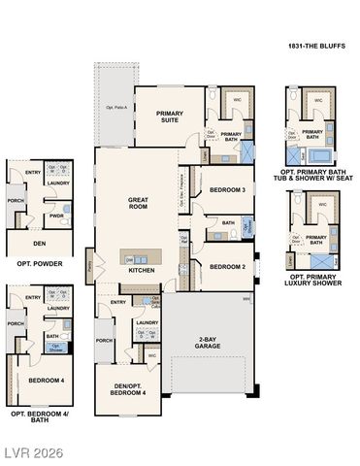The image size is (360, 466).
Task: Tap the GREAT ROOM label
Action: [138, 203]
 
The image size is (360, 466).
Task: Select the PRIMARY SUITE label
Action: [170, 117]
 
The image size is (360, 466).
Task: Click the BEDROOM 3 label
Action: [226, 190]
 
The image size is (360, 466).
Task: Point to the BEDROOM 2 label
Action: [226, 266]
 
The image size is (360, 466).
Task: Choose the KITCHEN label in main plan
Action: [142, 271]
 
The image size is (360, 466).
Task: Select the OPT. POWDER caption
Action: [37, 264]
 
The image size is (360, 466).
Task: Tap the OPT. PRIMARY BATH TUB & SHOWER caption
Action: [313, 171]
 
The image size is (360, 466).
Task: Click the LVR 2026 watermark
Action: [33, 452]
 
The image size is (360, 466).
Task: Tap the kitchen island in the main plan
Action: [136, 258]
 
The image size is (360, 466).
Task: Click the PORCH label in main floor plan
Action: [105, 341]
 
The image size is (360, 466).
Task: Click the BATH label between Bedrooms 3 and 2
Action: [228, 223]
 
